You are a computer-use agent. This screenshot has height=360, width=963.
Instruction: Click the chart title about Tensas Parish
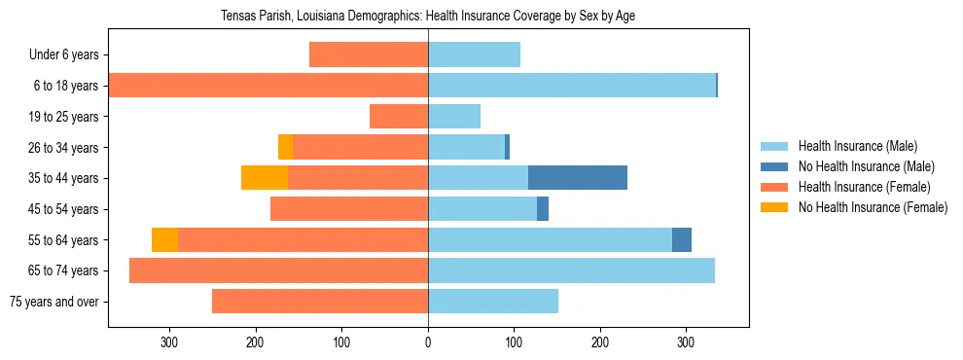click(x=428, y=17)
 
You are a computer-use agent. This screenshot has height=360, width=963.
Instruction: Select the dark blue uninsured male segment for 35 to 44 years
click(x=578, y=178)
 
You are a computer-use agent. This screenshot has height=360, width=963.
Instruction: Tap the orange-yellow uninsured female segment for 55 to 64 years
click(x=164, y=239)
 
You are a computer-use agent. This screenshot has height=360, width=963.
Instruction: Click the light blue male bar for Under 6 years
click(x=474, y=54)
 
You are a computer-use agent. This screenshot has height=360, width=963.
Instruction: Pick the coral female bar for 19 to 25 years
click(x=399, y=117)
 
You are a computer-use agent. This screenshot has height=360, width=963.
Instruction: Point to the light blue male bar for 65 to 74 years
click(x=571, y=270)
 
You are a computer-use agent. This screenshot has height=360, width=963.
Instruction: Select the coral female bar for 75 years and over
click(x=320, y=302)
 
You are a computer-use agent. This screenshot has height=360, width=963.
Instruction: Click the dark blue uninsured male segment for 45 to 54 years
click(x=543, y=209)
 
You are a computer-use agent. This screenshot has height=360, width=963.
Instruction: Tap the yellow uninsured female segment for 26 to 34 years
click(x=285, y=147)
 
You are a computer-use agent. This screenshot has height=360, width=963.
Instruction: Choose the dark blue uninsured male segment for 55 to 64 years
click(x=682, y=239)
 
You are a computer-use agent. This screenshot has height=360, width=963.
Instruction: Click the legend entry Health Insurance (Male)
click(x=857, y=146)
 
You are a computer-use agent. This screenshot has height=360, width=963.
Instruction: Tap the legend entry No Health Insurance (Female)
click(x=873, y=207)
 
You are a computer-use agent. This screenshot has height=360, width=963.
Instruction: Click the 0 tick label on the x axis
click(x=428, y=342)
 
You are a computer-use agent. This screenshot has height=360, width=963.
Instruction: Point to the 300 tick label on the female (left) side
click(x=169, y=342)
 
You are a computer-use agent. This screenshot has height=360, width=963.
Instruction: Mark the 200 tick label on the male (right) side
click(x=600, y=342)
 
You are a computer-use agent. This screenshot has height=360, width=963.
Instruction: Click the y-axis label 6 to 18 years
click(x=70, y=86)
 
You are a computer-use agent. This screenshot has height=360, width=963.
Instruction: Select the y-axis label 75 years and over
click(x=53, y=302)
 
